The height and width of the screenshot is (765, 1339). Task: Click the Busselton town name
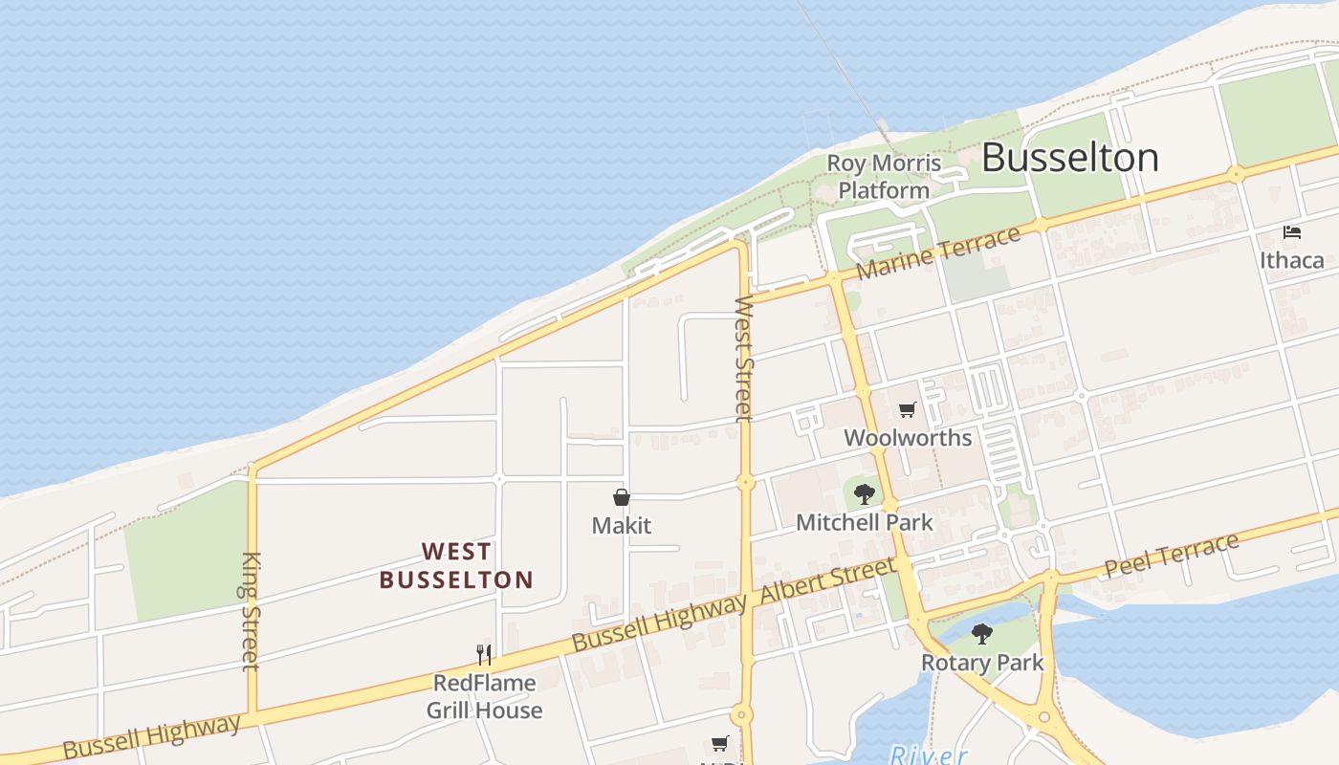tap(1069, 158)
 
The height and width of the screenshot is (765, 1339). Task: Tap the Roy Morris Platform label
tap(884, 177)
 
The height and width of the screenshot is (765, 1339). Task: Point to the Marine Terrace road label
tap(938, 253)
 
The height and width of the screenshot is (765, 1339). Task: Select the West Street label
tap(744, 359)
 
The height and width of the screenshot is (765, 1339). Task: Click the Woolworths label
tap(908, 438)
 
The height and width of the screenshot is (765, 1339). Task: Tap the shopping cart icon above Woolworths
tap(908, 410)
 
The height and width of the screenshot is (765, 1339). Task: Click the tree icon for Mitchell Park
tap(865, 494)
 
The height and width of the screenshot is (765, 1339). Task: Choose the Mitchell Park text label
tap(864, 522)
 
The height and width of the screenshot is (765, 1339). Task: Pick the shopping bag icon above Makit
tap(622, 497)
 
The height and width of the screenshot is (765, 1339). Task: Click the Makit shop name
tap(622, 525)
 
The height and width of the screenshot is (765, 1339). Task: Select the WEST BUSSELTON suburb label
tap(456, 565)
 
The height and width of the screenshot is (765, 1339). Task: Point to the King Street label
tap(251, 611)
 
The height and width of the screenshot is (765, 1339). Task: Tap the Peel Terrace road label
tap(1172, 556)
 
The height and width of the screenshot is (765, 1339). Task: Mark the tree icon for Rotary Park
tap(981, 633)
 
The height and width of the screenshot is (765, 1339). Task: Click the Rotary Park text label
tap(982, 662)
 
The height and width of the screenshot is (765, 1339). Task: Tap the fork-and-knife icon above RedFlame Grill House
tap(484, 655)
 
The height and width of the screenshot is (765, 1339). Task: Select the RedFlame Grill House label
tap(484, 696)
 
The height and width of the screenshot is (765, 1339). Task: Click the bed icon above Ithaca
tap(1292, 232)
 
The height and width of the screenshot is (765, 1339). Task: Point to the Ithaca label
tap(1292, 260)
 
